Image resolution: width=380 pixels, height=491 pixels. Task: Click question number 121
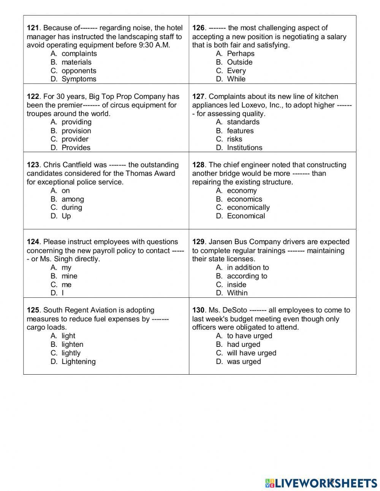click(x=33, y=28)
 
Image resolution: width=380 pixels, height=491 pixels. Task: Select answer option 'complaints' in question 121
click(x=79, y=54)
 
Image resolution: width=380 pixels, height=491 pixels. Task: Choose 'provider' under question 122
click(x=75, y=139)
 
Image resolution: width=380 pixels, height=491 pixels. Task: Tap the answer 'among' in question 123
click(x=73, y=199)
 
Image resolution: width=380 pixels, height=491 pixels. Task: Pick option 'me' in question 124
click(x=66, y=284)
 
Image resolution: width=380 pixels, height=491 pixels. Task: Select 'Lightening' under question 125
click(x=78, y=362)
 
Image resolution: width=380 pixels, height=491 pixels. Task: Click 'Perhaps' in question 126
click(x=241, y=54)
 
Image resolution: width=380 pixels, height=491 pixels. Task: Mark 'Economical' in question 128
click(x=246, y=216)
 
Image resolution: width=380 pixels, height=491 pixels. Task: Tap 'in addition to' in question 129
click(x=248, y=267)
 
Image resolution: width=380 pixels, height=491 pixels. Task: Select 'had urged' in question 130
click(x=244, y=345)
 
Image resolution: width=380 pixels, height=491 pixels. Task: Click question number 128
click(x=198, y=165)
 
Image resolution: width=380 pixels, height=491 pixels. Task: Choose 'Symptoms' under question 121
click(x=79, y=79)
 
